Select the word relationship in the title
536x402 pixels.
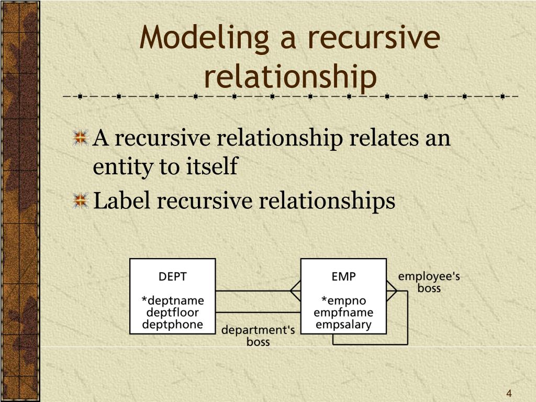(290, 76)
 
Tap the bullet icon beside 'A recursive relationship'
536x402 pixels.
(80, 139)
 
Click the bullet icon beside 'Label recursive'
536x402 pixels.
(80, 200)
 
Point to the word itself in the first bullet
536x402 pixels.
(212, 167)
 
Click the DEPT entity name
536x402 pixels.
(173, 276)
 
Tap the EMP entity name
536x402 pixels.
(343, 276)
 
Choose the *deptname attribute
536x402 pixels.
(173, 301)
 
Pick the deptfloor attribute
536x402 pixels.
(173, 312)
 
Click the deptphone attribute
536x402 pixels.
(173, 324)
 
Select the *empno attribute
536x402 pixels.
(343, 301)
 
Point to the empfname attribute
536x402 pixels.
(343, 312)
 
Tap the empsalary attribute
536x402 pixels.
(343, 324)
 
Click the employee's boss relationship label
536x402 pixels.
(429, 282)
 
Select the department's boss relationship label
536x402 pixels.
(258, 336)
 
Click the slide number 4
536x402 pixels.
(508, 394)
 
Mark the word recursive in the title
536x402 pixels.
(373, 39)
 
